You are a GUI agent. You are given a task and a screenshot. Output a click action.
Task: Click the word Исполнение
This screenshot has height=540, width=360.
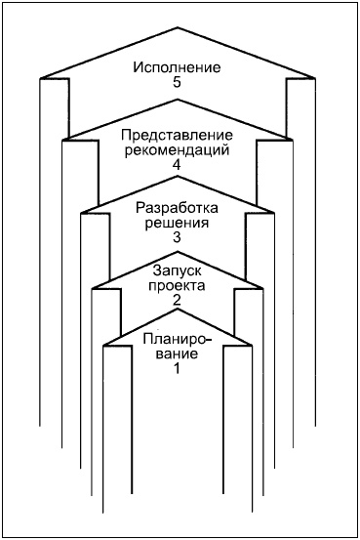(x=177, y=67)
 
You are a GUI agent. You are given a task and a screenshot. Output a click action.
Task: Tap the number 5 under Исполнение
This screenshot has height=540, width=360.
(x=177, y=83)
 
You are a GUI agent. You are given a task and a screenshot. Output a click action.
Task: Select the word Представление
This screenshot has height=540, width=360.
(x=177, y=136)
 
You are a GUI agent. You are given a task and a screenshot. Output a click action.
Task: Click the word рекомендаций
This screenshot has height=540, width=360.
(x=177, y=150)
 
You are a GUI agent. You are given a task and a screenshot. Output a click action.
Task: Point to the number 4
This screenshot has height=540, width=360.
(x=177, y=166)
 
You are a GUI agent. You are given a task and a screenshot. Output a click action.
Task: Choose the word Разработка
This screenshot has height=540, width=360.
(x=177, y=208)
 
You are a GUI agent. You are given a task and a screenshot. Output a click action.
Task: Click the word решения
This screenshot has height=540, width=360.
(x=177, y=223)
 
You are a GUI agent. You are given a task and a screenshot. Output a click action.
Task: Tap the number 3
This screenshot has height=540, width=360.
(x=177, y=237)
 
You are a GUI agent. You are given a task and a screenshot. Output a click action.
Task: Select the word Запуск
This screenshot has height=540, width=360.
(x=177, y=271)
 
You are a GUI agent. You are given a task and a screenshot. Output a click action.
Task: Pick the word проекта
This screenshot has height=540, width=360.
(x=177, y=286)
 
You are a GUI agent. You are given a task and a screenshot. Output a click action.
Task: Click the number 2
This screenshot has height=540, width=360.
(x=177, y=301)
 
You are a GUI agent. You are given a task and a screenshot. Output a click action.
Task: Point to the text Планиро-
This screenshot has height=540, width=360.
(x=177, y=339)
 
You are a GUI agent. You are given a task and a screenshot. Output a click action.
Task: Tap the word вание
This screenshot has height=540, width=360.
(x=177, y=353)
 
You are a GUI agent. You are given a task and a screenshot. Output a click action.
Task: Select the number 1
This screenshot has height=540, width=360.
(x=177, y=368)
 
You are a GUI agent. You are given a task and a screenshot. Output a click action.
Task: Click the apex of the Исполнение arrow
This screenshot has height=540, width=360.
(x=178, y=28)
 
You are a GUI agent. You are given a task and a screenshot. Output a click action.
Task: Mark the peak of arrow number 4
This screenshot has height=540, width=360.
(x=178, y=101)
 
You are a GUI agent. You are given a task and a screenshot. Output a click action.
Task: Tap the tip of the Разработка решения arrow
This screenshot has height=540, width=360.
(x=178, y=177)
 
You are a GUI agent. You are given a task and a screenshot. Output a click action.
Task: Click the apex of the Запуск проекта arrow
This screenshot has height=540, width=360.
(x=178, y=252)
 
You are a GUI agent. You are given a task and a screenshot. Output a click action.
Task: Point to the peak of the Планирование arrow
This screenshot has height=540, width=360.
(x=178, y=310)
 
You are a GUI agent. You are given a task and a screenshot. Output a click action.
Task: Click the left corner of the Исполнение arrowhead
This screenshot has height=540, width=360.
(x=40, y=79)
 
